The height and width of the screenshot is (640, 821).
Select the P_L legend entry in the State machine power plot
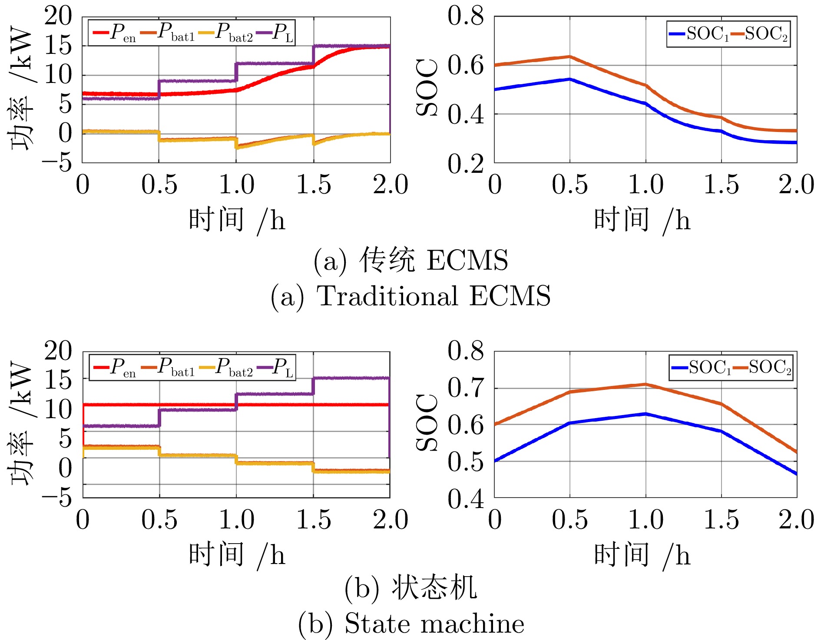pyautogui.click(x=276, y=367)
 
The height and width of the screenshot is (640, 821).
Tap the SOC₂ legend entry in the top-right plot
pyautogui.click(x=760, y=34)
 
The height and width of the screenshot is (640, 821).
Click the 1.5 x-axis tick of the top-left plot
pyautogui.click(x=313, y=185)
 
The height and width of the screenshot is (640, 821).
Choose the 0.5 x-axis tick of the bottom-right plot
pyautogui.click(x=569, y=520)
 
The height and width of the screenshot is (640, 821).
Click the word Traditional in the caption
pyautogui.click(x=387, y=296)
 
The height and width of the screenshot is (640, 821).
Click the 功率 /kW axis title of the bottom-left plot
pyautogui.click(x=22, y=423)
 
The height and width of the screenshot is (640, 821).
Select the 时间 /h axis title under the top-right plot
pyautogui.click(x=642, y=220)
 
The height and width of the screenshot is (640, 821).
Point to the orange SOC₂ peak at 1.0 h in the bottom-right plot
pyautogui.click(x=646, y=384)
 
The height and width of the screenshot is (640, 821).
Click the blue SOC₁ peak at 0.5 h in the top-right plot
pyautogui.click(x=569, y=79)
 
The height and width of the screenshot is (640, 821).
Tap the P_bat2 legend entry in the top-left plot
pyautogui.click(x=226, y=33)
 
